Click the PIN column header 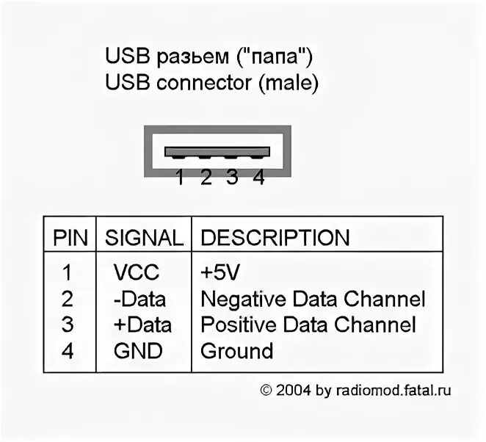point(70,238)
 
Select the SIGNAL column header point(144,238)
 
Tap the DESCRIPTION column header point(275,238)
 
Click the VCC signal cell point(136,272)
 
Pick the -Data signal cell point(139,299)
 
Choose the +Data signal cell point(142,325)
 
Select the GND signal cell point(138,351)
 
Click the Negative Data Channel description point(313,299)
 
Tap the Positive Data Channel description point(308,325)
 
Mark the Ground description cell point(236,351)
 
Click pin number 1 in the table point(68,272)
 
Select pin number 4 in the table point(68,351)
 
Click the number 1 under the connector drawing point(179,178)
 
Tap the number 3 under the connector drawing point(232,178)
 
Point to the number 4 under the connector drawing point(258,178)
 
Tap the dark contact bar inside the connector point(217,152)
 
